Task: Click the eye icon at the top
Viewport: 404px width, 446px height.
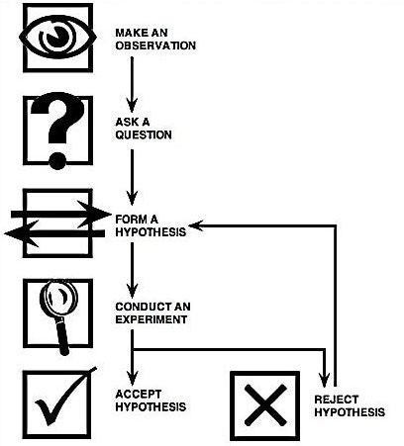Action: (x=56, y=37)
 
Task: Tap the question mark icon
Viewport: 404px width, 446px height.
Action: (x=56, y=130)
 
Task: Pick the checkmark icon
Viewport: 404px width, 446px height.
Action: (x=57, y=405)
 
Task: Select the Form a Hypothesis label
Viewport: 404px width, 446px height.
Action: (x=150, y=224)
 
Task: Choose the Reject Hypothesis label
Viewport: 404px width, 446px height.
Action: (x=348, y=404)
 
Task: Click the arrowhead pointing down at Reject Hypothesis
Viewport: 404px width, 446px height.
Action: (x=325, y=380)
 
